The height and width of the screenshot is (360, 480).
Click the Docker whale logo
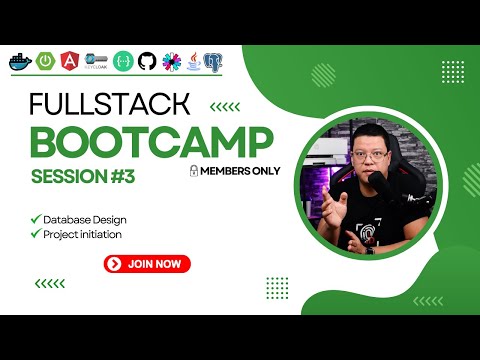point(19,62)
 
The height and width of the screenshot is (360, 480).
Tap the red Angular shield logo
point(71,62)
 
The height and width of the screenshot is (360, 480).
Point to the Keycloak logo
point(97,62)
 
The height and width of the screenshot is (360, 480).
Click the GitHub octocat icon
point(148,62)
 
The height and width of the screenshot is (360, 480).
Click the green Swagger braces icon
point(123,62)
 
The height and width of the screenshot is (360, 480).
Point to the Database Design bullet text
point(84,219)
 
